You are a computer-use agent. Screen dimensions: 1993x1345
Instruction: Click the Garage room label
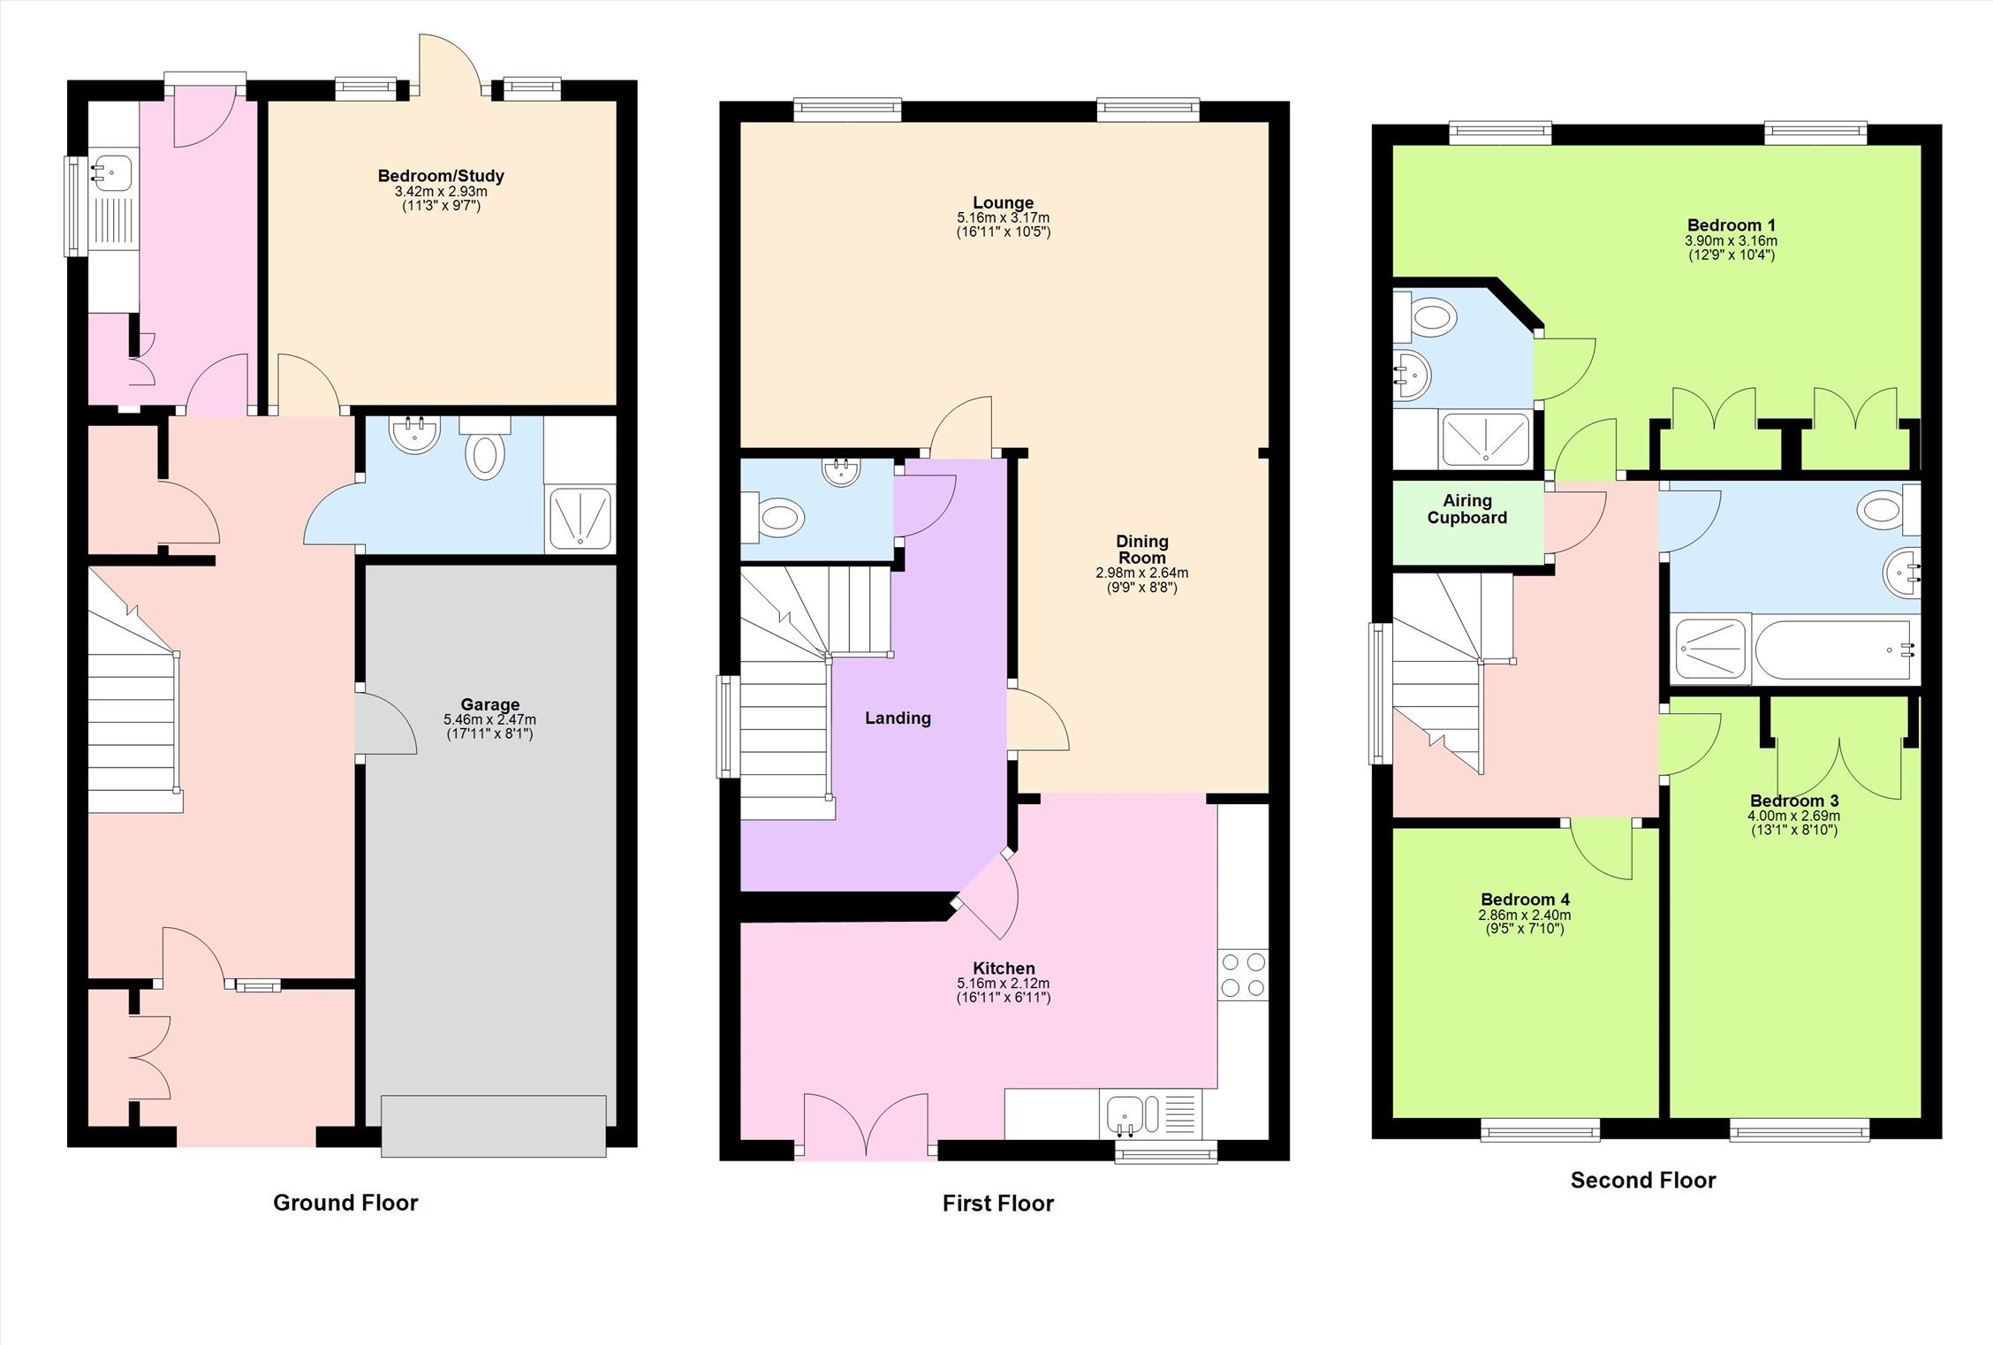click(489, 704)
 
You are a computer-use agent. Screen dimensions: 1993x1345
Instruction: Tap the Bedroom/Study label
click(441, 176)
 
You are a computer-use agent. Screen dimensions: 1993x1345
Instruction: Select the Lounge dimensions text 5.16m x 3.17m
click(1003, 217)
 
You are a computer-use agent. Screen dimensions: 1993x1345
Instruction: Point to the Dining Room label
click(1142, 549)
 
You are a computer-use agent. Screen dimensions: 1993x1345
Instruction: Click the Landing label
click(898, 718)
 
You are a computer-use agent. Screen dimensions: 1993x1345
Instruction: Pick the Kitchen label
click(1004, 969)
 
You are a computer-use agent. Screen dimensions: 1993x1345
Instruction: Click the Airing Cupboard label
click(1467, 509)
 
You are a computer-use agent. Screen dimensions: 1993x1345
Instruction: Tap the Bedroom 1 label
click(1731, 225)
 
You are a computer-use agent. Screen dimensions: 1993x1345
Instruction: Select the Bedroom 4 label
click(1525, 900)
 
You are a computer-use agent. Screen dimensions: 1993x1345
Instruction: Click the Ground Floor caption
click(345, 1202)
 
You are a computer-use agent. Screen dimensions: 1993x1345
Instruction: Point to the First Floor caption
click(998, 1203)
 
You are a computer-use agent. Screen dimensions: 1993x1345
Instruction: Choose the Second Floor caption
click(1643, 1180)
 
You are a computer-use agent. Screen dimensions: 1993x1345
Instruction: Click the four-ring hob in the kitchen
click(1242, 975)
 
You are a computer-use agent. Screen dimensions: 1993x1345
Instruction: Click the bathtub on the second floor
click(1836, 650)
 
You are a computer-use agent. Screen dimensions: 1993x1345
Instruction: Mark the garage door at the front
click(494, 1126)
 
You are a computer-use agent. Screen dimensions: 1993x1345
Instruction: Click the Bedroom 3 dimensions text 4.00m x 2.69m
click(1793, 816)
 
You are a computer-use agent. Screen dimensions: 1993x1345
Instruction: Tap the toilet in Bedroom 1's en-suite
click(1424, 315)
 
